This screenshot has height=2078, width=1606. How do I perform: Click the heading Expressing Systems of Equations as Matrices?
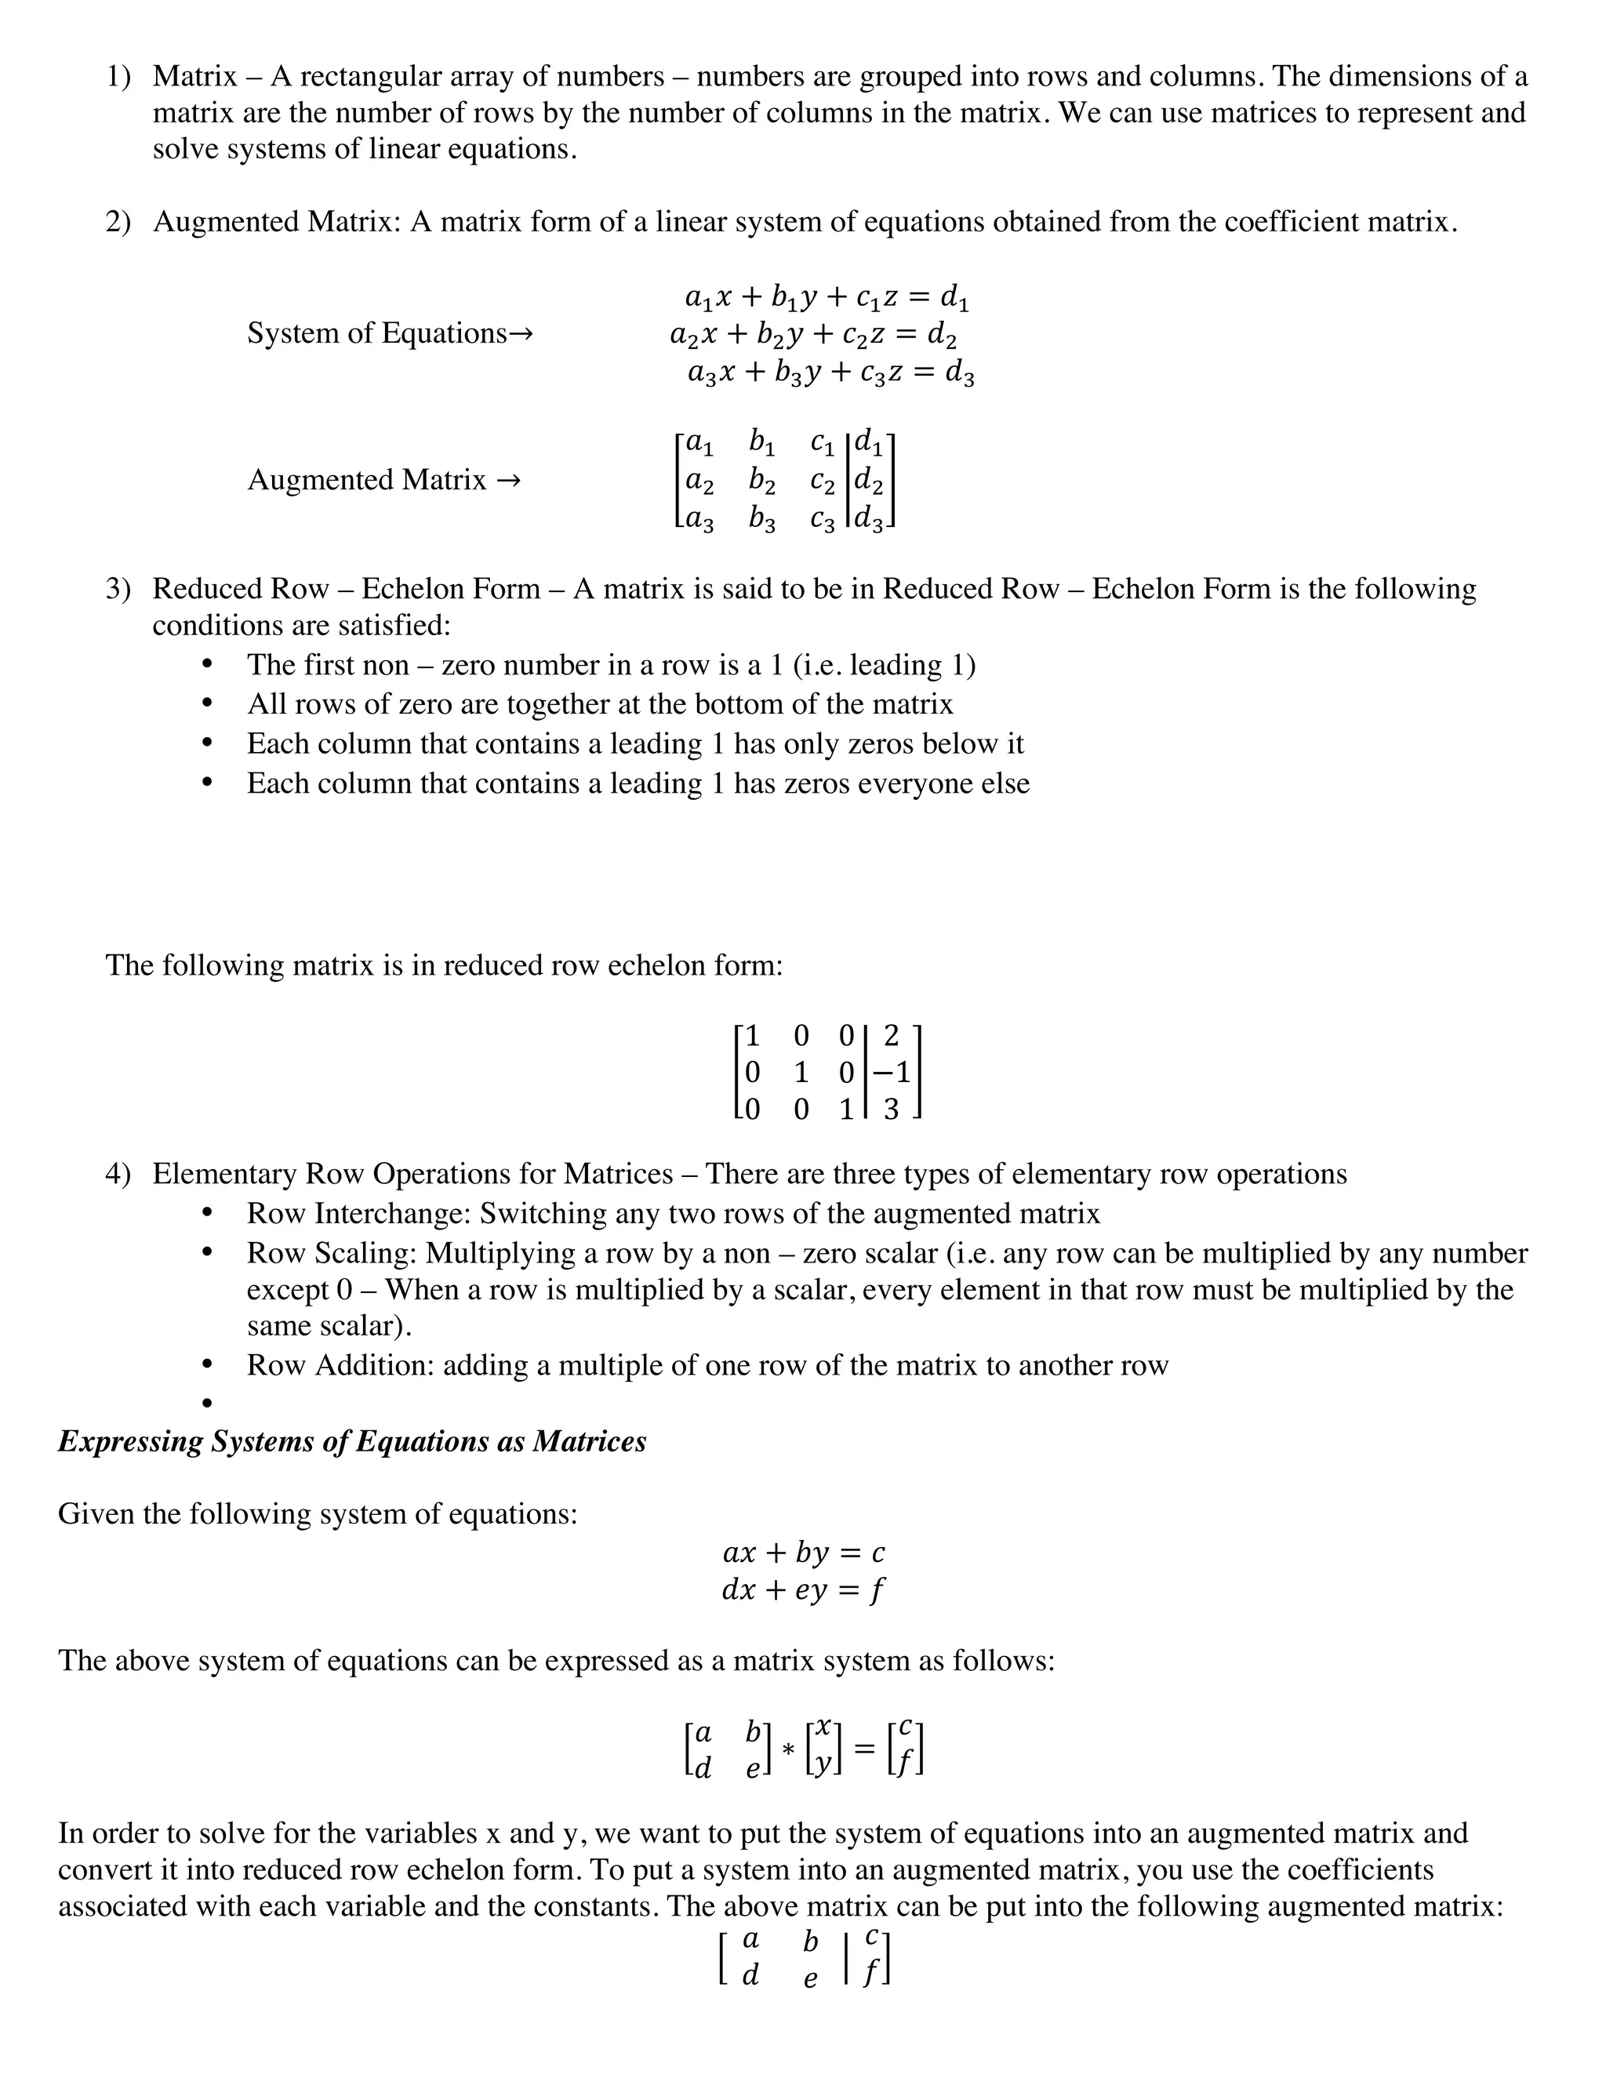tap(352, 1440)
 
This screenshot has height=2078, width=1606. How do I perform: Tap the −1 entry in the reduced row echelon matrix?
tap(891, 1072)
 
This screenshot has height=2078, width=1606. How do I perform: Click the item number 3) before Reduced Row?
tap(118, 589)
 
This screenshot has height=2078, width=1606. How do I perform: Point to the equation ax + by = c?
tap(803, 1552)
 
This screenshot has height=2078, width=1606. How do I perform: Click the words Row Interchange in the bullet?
tap(358, 1213)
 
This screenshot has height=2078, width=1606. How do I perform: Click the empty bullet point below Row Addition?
tap(206, 1403)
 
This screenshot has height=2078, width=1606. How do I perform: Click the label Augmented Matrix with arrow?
tap(383, 480)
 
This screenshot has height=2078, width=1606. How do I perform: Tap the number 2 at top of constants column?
tap(891, 1035)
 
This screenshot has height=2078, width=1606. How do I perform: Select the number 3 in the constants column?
tap(891, 1110)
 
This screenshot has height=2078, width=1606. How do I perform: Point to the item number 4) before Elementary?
tap(118, 1174)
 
